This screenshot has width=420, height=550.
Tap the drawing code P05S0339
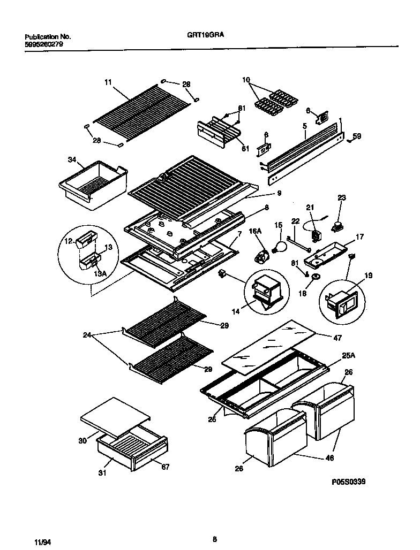349,482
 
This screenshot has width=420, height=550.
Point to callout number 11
108,82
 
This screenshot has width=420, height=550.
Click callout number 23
341,197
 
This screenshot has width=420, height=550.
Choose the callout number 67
165,467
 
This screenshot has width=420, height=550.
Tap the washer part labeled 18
316,276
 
